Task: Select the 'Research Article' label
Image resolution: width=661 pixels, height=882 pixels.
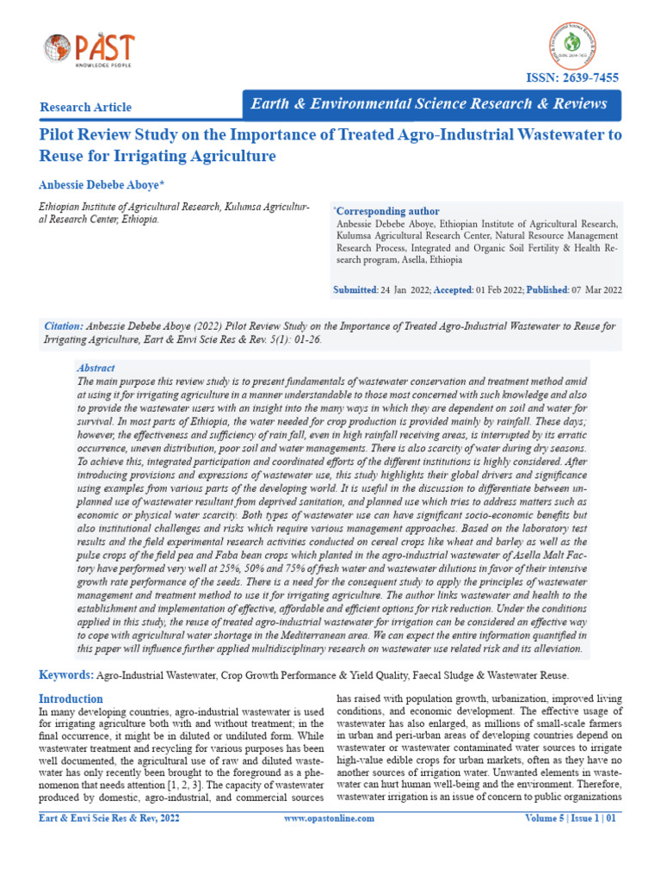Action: [x=86, y=108]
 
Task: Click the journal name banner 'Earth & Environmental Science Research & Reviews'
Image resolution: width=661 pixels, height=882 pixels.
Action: [x=429, y=104]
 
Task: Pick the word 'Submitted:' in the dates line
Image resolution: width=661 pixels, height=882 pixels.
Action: [x=355, y=290]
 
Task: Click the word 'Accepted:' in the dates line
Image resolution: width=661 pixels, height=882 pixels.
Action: [x=453, y=290]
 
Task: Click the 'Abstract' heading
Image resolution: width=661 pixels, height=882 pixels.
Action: [x=96, y=368]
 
